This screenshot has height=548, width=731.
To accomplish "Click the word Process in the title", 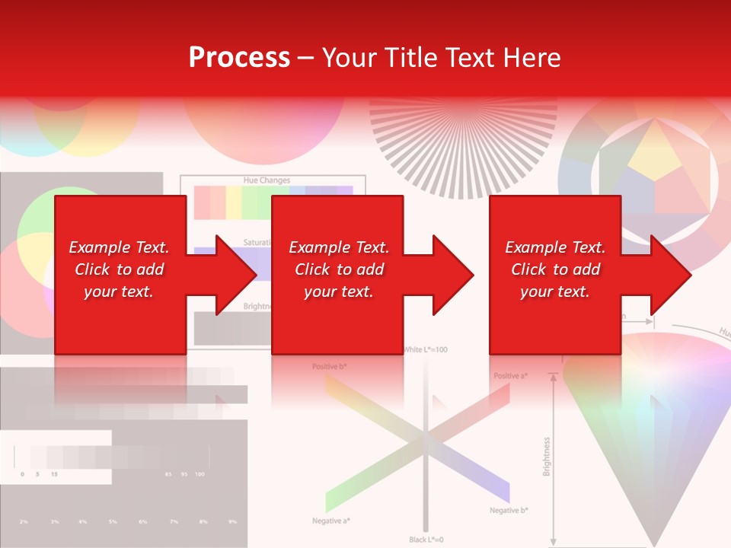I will [x=239, y=57].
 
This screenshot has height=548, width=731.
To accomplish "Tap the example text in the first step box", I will [x=119, y=269].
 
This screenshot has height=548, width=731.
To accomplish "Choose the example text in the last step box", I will [x=555, y=269].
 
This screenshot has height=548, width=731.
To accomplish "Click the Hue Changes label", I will [x=266, y=180].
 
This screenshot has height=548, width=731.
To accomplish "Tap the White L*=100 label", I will [x=425, y=349].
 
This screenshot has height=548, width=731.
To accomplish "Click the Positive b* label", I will [x=329, y=367].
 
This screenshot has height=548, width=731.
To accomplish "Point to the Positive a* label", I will [x=511, y=376].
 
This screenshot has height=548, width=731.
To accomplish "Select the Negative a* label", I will [x=331, y=521].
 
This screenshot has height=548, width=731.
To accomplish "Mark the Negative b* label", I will [x=509, y=510].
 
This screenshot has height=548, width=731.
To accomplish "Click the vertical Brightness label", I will [x=546, y=456].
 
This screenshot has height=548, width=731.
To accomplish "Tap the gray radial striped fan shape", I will [x=463, y=145].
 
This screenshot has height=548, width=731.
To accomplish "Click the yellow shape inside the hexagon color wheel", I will [x=655, y=151].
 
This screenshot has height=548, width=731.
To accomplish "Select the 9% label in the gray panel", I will [x=232, y=521].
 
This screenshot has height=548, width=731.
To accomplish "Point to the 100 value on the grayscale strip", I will [x=200, y=474].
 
